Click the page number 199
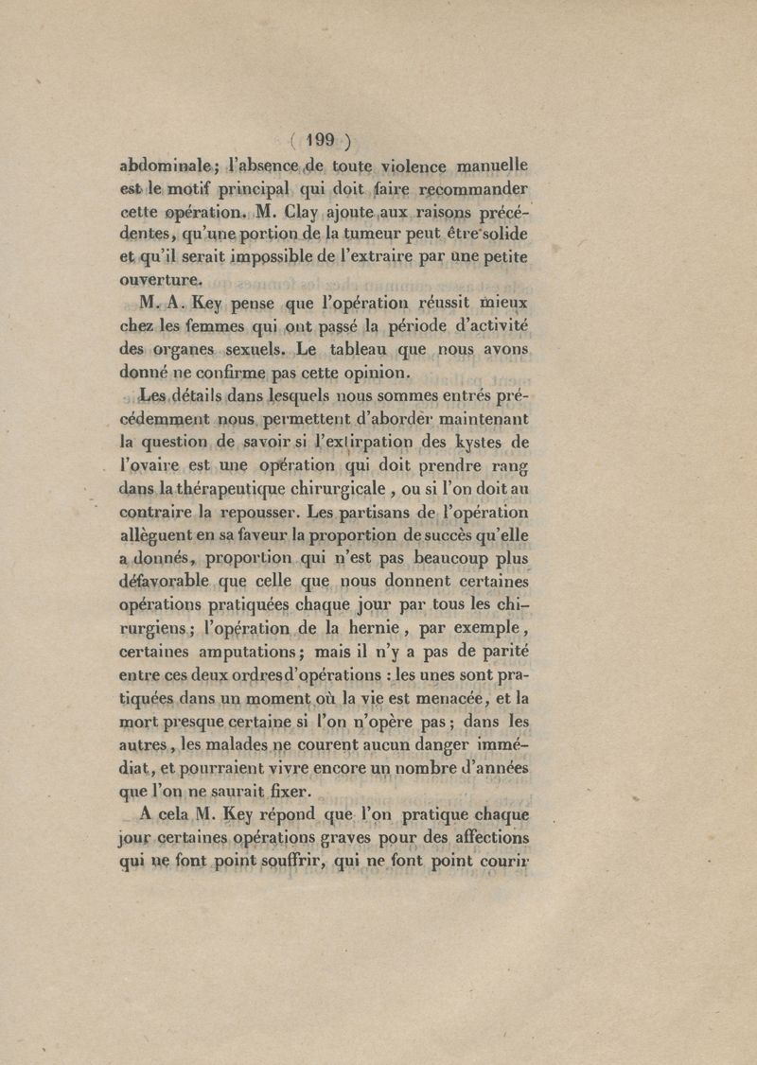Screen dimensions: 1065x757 [x=322, y=141]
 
